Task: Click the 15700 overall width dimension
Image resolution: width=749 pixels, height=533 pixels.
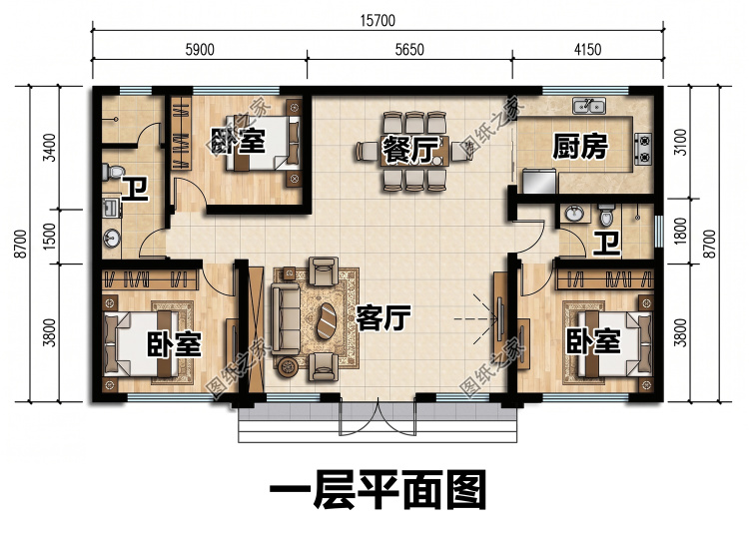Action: tap(377, 21)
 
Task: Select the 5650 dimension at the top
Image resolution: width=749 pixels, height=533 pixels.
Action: tap(409, 50)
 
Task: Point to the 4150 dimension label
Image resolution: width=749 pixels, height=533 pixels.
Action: tap(587, 50)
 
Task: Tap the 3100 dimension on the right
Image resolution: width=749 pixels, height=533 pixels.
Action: tap(681, 142)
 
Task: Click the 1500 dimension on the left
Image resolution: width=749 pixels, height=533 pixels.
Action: tap(50, 237)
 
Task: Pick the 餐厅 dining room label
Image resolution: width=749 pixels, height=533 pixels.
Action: tap(409, 149)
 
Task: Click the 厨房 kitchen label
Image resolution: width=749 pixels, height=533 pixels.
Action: tap(580, 146)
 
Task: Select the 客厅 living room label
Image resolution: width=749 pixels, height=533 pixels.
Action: tap(383, 318)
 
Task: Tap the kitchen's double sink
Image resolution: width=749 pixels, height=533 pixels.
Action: tap(589, 106)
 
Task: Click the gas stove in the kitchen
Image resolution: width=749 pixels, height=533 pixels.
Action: tap(643, 149)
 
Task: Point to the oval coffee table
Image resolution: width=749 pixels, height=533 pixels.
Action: tap(327, 320)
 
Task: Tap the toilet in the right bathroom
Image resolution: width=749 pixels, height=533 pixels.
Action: tap(606, 215)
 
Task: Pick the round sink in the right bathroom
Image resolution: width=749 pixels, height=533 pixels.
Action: tap(574, 214)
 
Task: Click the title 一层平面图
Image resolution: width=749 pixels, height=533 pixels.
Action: tap(377, 489)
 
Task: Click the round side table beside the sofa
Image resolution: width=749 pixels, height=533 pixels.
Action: tap(288, 366)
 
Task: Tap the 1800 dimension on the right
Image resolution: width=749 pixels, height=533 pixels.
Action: tap(681, 231)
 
